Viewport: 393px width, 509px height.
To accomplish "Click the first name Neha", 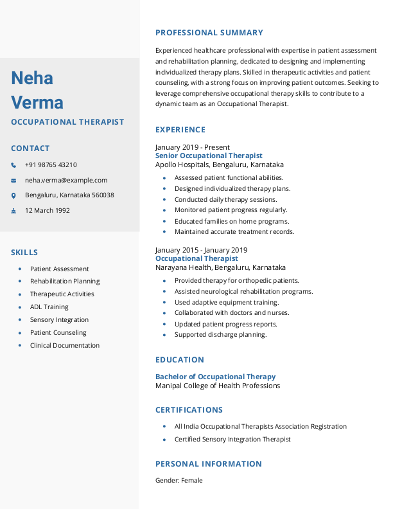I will [x=32, y=78].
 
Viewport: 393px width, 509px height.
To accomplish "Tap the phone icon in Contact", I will [x=13, y=165].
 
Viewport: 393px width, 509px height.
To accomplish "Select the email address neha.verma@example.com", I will [x=66, y=181].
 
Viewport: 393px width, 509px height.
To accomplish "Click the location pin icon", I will [x=13, y=195].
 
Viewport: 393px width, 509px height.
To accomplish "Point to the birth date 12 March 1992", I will [x=48, y=211].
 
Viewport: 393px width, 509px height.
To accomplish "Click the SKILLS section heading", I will [x=24, y=253].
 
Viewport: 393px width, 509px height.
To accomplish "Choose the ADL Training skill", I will [x=49, y=307].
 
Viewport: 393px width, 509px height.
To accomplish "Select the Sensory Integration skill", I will [x=59, y=320].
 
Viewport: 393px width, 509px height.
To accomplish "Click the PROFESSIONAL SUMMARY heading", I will [x=209, y=33].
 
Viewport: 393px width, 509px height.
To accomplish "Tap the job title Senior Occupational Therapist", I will [x=209, y=156].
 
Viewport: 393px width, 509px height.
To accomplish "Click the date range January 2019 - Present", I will [x=193, y=147].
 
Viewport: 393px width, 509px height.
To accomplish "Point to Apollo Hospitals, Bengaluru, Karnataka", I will [x=220, y=165].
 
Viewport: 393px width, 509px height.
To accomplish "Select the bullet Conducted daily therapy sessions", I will [x=226, y=200].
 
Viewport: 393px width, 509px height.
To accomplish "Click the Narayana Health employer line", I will [x=220, y=267].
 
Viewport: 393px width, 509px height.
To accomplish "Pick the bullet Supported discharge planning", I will [x=220, y=335].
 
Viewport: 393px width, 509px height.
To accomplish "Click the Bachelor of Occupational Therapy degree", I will [x=215, y=377].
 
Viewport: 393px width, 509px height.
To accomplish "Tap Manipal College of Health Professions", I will [x=218, y=386].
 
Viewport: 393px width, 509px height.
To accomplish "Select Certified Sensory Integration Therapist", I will [x=232, y=440].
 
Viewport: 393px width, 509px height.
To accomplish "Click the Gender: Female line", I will [x=179, y=481].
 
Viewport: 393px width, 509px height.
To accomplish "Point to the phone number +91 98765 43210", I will [x=51, y=165].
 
